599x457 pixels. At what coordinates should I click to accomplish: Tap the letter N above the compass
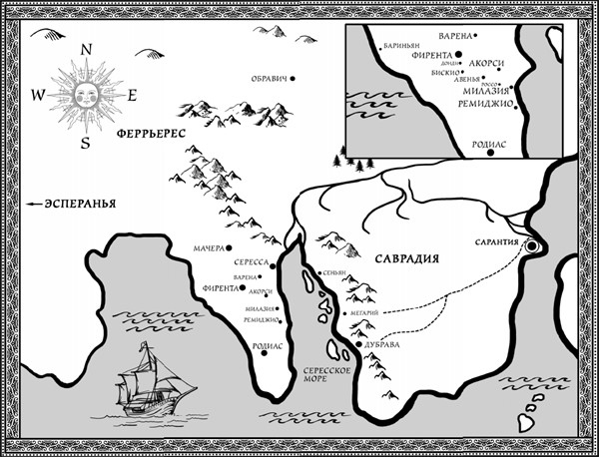point(87,49)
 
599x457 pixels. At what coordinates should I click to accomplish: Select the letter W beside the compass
point(38,96)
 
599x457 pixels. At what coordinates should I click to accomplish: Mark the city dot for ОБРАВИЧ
point(292,78)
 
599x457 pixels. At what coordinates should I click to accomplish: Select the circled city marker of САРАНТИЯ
point(533,244)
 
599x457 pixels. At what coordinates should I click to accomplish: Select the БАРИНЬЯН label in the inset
point(401,46)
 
